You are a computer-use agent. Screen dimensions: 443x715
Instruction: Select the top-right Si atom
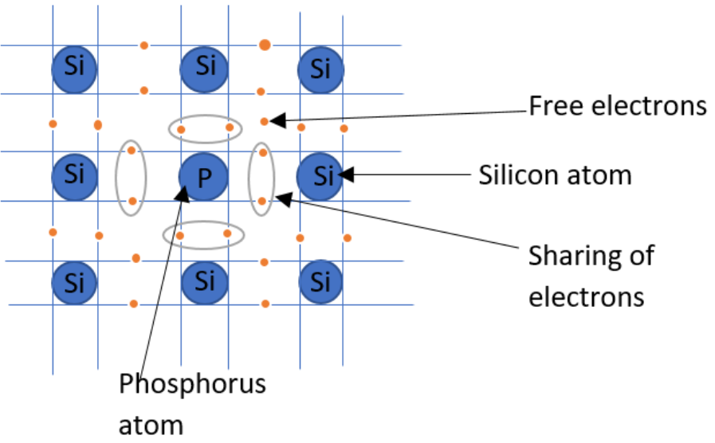tap(321, 69)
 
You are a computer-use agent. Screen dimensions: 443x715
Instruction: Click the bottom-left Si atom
tap(74, 281)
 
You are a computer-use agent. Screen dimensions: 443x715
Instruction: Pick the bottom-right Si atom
tap(321, 281)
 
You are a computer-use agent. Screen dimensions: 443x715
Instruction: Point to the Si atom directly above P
tap(205, 66)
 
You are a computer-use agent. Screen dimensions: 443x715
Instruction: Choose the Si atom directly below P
tap(205, 280)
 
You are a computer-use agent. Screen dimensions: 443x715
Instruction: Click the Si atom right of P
tap(320, 174)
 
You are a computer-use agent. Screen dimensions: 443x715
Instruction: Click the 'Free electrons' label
tap(618, 106)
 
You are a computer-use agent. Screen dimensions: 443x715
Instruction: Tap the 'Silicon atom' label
tap(555, 174)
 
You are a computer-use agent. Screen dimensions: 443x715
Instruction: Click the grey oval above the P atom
tap(205, 128)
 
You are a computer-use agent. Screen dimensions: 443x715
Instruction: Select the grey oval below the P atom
tap(203, 234)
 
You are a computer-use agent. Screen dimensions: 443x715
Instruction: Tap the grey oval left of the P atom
tap(132, 178)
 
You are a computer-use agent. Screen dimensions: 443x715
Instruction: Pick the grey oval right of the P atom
tap(261, 179)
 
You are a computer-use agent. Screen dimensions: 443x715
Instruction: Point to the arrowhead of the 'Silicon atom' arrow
tap(344, 174)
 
